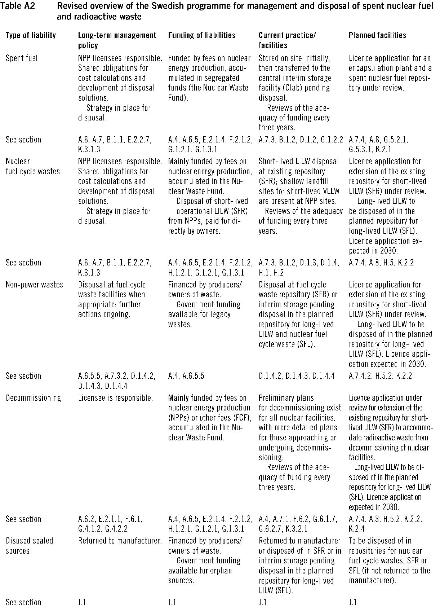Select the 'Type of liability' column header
click(31, 35)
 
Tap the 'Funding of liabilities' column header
click(201, 35)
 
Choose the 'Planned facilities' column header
click(377, 35)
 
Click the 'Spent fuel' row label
click(22, 58)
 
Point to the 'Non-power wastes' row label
click(34, 285)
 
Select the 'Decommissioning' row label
click(33, 398)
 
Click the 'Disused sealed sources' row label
click(29, 546)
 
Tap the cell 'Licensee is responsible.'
click(115, 398)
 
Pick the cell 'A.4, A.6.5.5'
click(186, 376)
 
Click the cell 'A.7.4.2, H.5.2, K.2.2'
click(380, 376)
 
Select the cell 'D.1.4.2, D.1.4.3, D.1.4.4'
click(296, 376)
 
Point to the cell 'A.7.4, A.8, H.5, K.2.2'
click(381, 263)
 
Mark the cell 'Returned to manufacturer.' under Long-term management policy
click(120, 541)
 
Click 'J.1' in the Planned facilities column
click(352, 602)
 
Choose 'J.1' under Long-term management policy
click(82, 602)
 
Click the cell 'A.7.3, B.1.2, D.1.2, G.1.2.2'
click(301, 140)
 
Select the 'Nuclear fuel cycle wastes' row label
click(32, 166)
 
